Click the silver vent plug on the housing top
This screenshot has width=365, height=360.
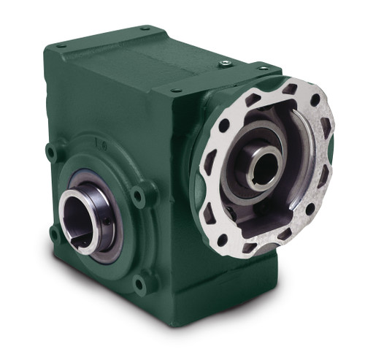(225, 64)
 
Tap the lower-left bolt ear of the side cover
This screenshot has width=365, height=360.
(55, 233)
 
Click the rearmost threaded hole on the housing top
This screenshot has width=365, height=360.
(146, 28)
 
